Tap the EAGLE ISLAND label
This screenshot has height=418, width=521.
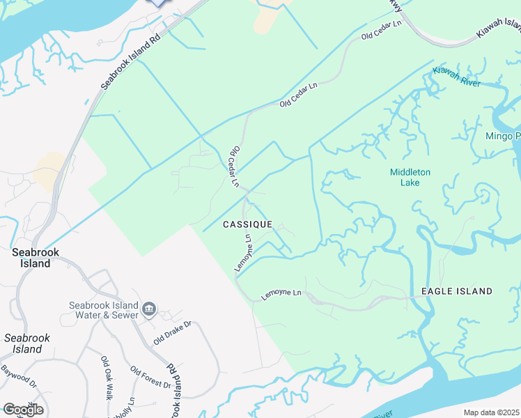tap(456, 291)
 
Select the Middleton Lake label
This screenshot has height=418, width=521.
tap(410, 177)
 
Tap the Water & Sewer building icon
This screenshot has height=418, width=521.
tap(148, 309)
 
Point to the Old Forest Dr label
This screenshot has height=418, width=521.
tap(150, 379)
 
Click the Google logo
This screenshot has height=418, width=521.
tap(23, 410)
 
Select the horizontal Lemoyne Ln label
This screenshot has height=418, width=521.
tap(283, 295)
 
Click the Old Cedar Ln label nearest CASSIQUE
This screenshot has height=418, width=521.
tap(235, 166)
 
